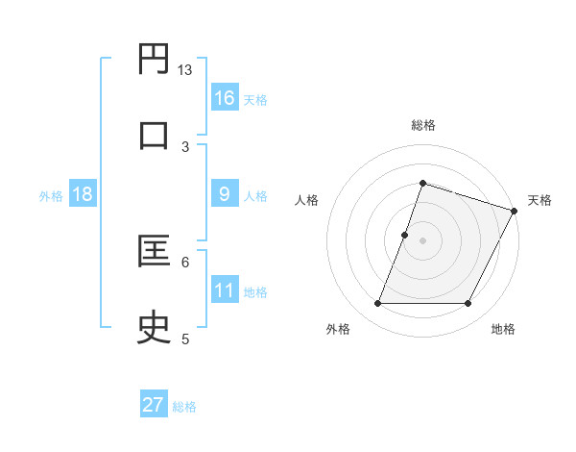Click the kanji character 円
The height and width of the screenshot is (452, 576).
[x=155, y=60]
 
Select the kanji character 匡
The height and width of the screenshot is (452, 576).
[x=155, y=251]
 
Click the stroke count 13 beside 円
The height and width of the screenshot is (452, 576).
[x=185, y=70]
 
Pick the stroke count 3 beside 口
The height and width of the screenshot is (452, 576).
[x=185, y=146]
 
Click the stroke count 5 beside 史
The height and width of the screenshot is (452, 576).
[x=185, y=338]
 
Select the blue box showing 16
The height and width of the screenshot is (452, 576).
[x=225, y=98]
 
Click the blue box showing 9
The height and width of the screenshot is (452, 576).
[x=225, y=194]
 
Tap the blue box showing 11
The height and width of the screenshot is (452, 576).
[x=225, y=290]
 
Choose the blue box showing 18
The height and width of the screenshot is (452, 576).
[x=83, y=194]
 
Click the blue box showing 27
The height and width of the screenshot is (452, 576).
[x=154, y=405]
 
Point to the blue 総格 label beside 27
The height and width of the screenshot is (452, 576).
[x=184, y=407]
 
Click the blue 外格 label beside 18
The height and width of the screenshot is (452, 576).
[x=51, y=196]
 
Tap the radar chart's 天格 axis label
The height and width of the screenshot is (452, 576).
[x=540, y=200]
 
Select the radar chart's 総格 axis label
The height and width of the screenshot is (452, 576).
[x=422, y=125]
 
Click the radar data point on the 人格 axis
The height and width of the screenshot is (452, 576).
[x=405, y=235]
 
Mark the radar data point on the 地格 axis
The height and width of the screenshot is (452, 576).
[x=468, y=304]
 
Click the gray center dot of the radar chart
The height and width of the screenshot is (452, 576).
[x=422, y=240]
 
